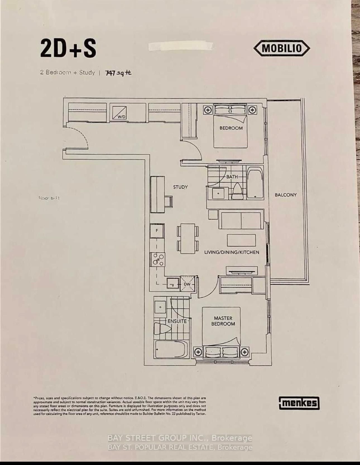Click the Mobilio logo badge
click(282, 49)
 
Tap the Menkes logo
click(299, 403)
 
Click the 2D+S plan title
click(68, 49)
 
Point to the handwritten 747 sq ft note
click(118, 73)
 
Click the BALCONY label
click(285, 195)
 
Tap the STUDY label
click(180, 187)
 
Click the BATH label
click(232, 177)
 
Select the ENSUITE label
click(177, 321)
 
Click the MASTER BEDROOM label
click(223, 321)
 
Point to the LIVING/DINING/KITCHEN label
click(232, 252)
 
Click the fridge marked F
click(157, 231)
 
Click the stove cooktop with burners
click(158, 259)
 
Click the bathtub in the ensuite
click(171, 349)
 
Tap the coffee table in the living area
click(241, 240)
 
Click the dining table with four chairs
click(188, 238)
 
